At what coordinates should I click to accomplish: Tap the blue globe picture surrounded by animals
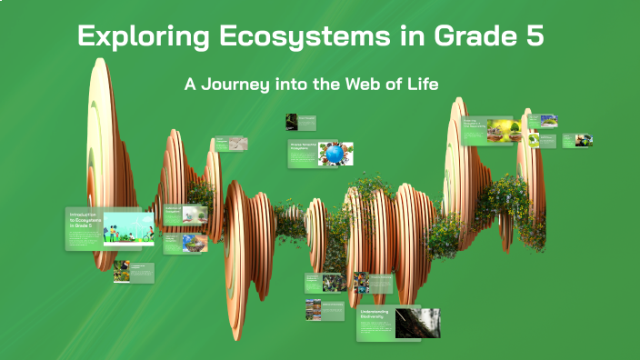[335, 155]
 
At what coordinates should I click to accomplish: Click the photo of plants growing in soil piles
[503, 131]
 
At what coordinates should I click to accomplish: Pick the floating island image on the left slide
[195, 243]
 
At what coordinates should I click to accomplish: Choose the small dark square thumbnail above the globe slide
[292, 121]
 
